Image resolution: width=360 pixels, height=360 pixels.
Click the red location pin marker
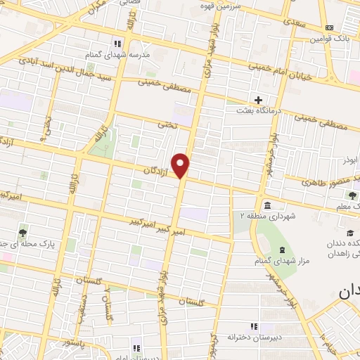pyautogui.click(x=181, y=165)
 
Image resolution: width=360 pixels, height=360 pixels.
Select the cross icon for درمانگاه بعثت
pyautogui.click(x=259, y=100)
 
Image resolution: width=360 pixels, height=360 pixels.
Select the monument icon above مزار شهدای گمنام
pyautogui.click(x=281, y=250)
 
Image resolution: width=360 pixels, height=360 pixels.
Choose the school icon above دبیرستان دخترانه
pyautogui.click(x=254, y=326)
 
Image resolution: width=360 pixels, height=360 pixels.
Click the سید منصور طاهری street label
pyautogui.click(x=321, y=179)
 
